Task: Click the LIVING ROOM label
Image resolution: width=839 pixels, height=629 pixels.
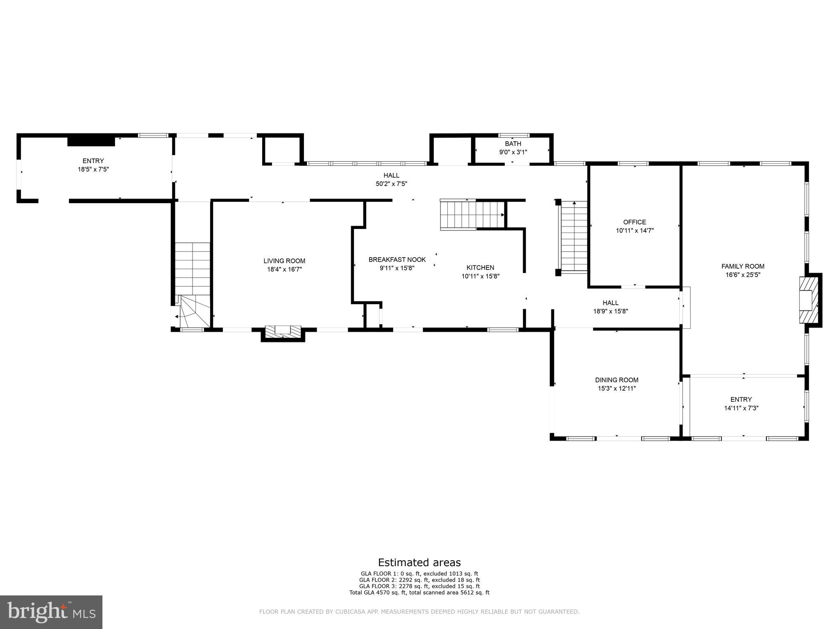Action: tap(284, 261)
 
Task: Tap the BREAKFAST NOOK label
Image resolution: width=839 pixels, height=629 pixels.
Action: tap(397, 260)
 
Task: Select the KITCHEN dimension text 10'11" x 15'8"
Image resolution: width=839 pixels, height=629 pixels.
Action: tap(480, 276)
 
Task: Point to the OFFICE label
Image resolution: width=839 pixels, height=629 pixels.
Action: tap(635, 222)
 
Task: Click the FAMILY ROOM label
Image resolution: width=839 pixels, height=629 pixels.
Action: tap(743, 266)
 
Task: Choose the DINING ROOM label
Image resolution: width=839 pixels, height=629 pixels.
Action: tap(617, 380)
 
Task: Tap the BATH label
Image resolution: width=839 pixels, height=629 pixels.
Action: tap(513, 144)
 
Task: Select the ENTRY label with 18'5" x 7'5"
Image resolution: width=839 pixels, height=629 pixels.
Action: tap(93, 161)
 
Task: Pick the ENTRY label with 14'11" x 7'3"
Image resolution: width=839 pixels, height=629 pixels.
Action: tap(741, 399)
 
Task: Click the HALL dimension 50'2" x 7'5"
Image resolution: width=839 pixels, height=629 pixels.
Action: tap(391, 184)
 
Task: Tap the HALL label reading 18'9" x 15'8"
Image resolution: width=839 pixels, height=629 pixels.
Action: tap(610, 303)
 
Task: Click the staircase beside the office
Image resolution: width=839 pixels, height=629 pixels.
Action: tap(574, 238)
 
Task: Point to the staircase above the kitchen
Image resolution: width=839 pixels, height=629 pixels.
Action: tap(471, 215)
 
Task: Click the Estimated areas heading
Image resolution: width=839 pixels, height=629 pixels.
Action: tap(419, 562)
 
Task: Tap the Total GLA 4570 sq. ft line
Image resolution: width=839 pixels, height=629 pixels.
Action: tap(419, 593)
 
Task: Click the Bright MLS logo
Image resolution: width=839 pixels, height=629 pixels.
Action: tap(51, 612)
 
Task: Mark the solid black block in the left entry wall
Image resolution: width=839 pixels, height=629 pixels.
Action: tap(91, 140)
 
